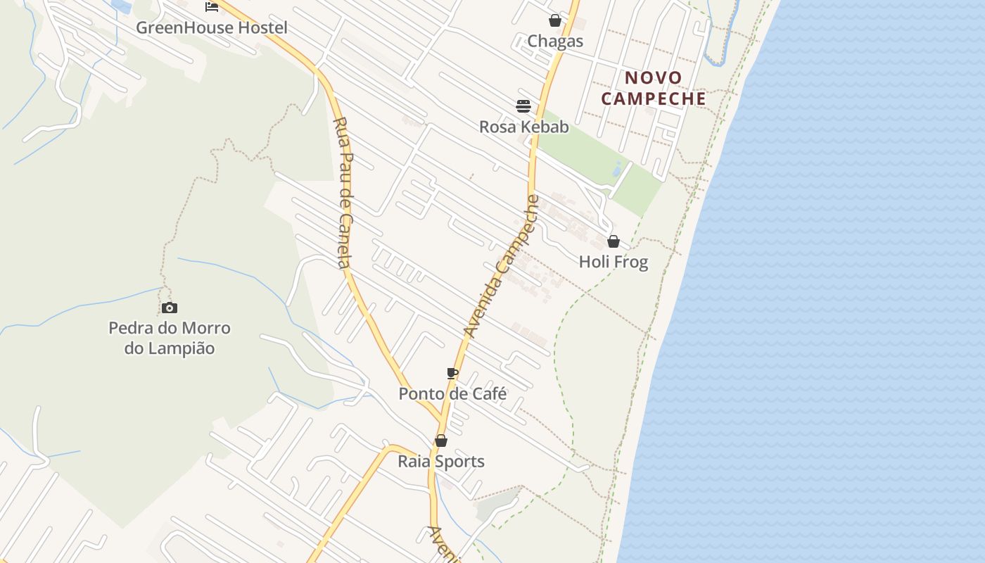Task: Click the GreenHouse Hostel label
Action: point(212,28)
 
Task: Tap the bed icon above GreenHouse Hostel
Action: point(211,7)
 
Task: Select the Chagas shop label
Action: point(555,41)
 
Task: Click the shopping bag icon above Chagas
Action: point(555,20)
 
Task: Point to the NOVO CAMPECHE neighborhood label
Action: point(654,88)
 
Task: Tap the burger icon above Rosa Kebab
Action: point(523,106)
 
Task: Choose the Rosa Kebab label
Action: point(523,127)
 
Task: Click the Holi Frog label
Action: point(613,262)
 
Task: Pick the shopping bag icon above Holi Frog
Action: point(614,241)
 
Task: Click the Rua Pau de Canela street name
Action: point(342,192)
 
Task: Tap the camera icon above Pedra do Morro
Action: point(169,308)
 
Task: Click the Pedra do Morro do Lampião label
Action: point(170,338)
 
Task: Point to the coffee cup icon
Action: point(452,373)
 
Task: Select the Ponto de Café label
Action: point(452,393)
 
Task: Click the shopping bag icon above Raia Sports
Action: point(441,441)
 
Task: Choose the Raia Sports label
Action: point(441,462)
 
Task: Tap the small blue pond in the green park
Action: point(617,169)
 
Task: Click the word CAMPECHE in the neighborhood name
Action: point(654,99)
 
